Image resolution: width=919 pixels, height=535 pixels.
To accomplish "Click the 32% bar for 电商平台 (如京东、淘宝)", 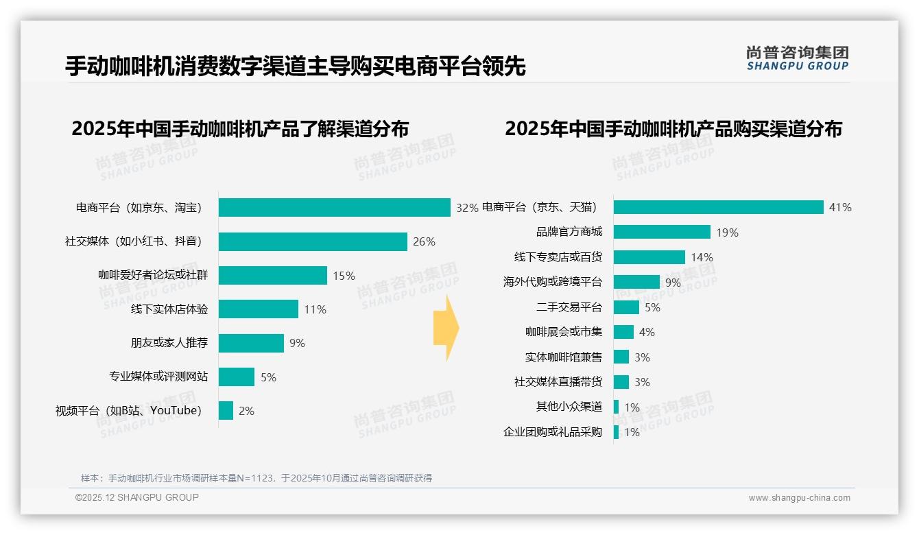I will click(334, 207).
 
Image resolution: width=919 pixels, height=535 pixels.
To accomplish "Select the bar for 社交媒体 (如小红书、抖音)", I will click(313, 241).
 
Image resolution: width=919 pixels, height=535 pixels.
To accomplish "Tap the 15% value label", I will click(344, 276).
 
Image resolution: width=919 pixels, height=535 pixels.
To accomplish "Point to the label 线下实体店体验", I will click(169, 309).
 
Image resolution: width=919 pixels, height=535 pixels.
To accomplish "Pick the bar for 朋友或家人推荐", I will click(251, 343).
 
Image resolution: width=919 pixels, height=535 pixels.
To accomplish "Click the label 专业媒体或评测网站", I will click(158, 377).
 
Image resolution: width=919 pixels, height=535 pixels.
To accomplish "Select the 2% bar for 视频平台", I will click(226, 411).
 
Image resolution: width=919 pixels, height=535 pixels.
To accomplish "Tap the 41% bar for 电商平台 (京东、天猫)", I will click(718, 207).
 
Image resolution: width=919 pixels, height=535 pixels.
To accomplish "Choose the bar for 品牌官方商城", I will click(662, 232).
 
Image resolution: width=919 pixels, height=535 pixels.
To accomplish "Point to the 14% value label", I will click(702, 257).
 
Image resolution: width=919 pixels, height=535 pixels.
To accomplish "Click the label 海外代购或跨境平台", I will click(552, 282).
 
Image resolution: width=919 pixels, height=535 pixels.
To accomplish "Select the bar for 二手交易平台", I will click(626, 307).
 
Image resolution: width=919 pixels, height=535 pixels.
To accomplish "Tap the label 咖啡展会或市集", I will click(564, 332).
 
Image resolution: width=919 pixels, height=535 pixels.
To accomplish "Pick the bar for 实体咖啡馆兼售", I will click(621, 357).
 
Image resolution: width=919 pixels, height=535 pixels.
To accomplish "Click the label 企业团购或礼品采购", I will click(552, 432).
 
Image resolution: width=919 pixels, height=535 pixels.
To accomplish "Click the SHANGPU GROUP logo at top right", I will click(797, 58).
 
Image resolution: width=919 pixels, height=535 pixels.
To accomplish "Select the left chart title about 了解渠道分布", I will click(240, 129).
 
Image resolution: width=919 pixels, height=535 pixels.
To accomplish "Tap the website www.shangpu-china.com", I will click(799, 498).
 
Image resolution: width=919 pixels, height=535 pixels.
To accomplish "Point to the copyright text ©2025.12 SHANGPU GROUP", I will click(137, 497).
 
